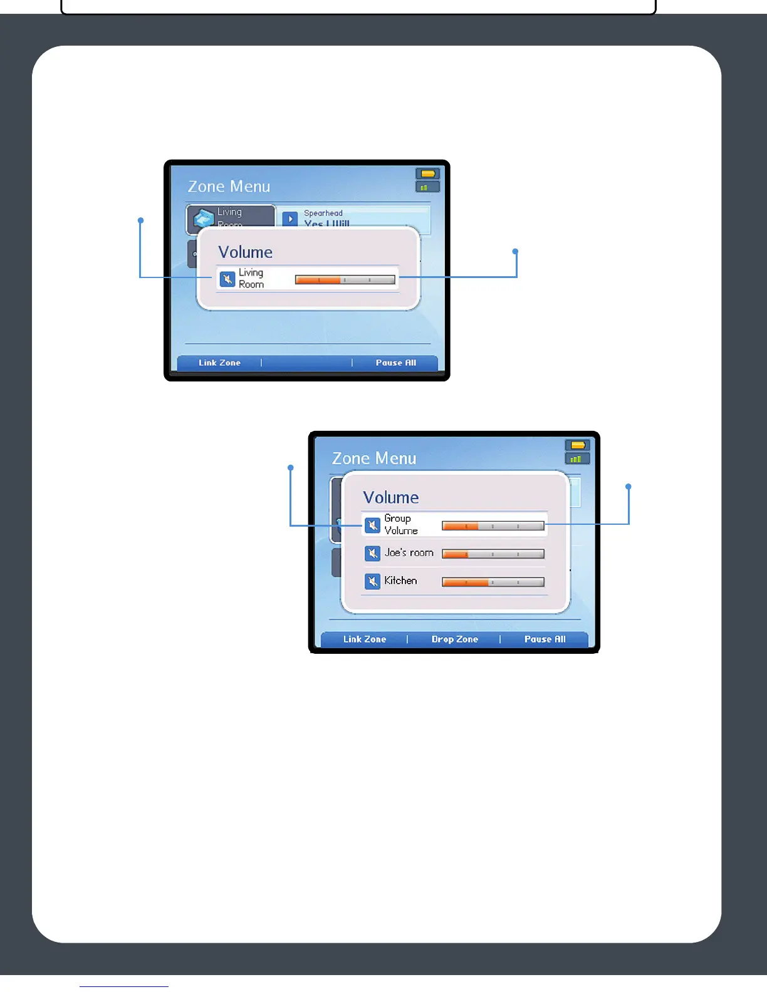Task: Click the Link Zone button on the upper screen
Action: (219, 363)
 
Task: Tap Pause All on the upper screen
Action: (395, 363)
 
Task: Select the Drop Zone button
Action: (454, 639)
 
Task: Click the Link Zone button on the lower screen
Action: (364, 639)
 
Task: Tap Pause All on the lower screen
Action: (545, 639)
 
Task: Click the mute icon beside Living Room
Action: (227, 279)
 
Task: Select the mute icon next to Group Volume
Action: (372, 525)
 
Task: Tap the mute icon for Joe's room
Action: (372, 554)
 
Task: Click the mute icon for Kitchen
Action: (372, 581)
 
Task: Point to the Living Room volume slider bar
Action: (345, 280)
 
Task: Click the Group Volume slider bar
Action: (493, 526)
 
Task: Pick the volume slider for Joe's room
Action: (493, 554)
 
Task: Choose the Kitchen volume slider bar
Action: (493, 582)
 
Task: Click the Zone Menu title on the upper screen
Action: (229, 187)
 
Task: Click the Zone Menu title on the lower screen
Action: (373, 458)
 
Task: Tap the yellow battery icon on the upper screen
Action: (428, 173)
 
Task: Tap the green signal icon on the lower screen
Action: (577, 459)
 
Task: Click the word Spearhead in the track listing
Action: (323, 214)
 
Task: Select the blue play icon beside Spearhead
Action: (290, 219)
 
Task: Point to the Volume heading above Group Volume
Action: (390, 497)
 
